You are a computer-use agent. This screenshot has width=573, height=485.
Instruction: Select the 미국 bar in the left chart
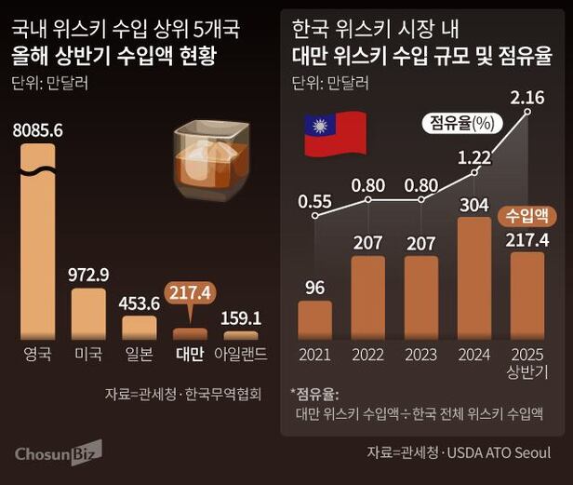89,314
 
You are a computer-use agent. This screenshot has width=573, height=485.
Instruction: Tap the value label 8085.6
38,131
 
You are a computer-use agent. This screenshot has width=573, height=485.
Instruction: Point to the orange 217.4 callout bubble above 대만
190,294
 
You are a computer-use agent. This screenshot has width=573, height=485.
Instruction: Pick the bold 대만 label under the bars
190,354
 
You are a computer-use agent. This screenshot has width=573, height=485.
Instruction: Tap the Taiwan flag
334,136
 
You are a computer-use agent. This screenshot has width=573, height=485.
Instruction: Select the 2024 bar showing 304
475,279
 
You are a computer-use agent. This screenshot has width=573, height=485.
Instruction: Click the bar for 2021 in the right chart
314,320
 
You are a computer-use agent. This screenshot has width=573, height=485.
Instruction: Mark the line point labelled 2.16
528,112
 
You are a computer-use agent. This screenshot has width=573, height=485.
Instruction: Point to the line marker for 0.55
314,217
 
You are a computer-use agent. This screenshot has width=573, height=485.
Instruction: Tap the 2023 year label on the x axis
421,355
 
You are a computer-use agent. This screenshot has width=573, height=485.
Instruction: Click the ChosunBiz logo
58,452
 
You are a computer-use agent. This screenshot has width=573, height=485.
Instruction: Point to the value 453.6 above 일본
140,303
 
